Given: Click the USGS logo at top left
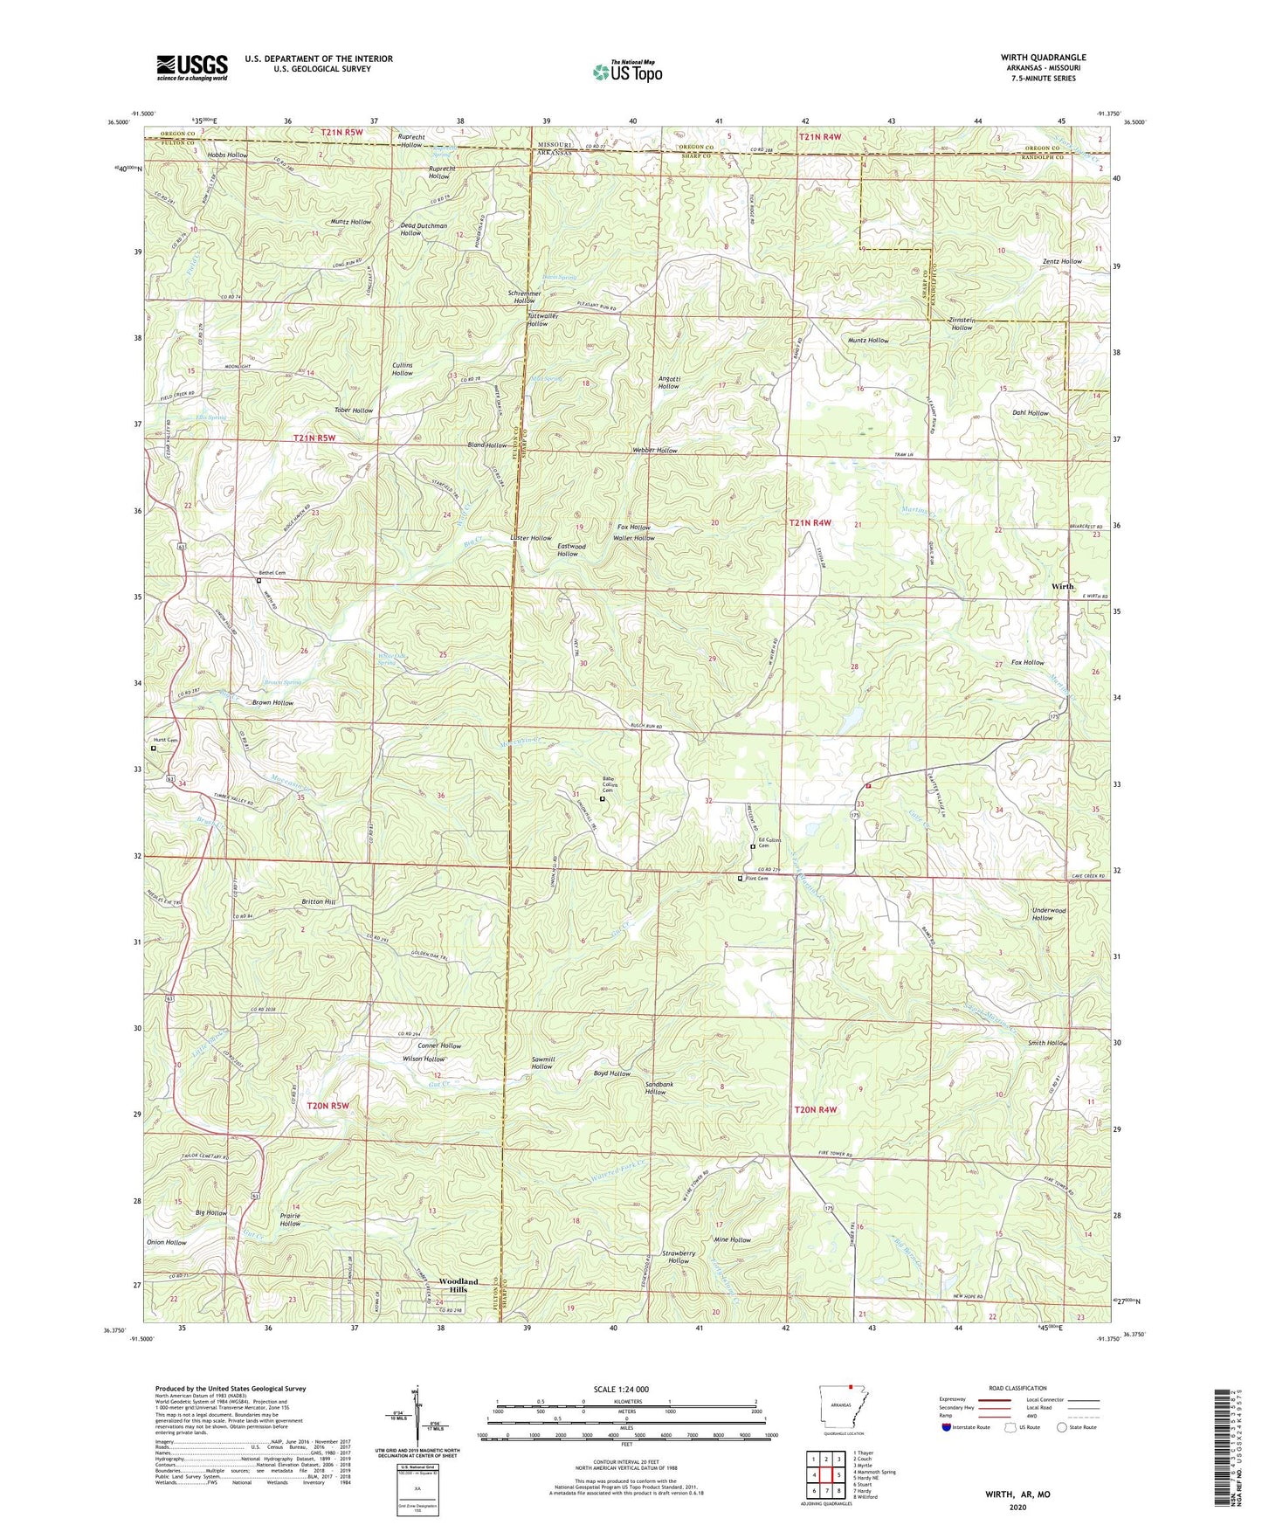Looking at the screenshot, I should pos(192,67).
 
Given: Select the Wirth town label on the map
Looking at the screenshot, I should pos(1063,586).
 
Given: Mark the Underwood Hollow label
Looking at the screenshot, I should pos(1048,914).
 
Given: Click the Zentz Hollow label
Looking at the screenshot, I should pos(1062,261).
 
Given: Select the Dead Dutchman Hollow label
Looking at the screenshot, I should pos(424,230).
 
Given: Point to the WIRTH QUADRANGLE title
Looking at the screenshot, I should pos(1043,58).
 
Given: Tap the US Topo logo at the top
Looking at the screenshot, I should pos(627,71).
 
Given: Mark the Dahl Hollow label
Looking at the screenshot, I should pos(1031,413).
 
